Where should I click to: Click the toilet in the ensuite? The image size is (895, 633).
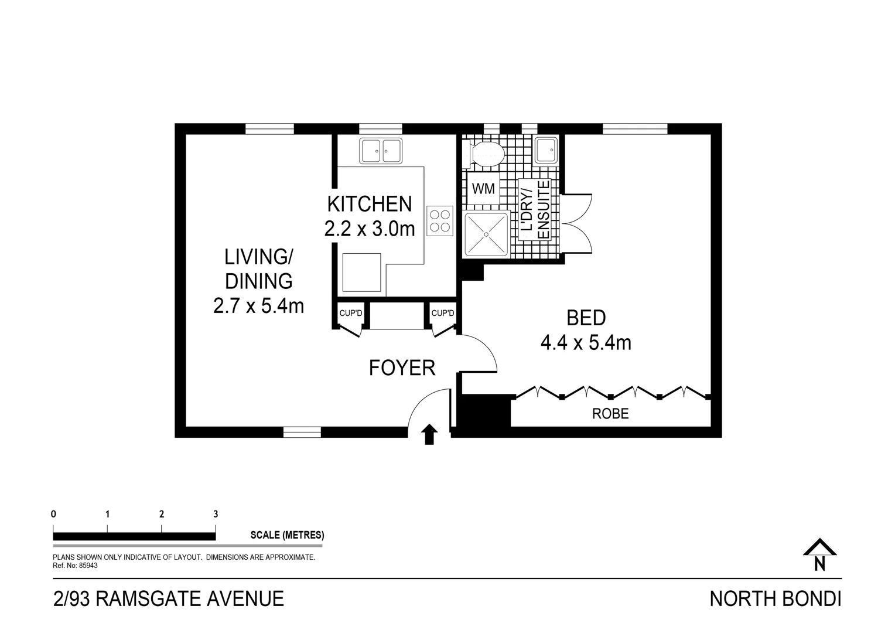485,154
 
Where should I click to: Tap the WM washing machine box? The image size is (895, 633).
483,189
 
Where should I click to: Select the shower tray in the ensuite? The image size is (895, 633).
486,234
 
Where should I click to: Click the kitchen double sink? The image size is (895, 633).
381,151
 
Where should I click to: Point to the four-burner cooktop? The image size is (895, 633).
440,221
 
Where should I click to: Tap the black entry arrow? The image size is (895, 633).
430,434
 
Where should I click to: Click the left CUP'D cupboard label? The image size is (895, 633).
351,314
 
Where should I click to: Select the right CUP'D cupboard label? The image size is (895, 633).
443,314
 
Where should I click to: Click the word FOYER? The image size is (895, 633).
402,368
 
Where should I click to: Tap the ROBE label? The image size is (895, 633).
610,414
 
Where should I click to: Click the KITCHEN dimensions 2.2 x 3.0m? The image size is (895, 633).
370,229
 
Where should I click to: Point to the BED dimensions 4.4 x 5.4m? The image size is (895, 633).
586,342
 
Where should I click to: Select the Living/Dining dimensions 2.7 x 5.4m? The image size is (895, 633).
258,306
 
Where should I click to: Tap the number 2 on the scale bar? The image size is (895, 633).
162,515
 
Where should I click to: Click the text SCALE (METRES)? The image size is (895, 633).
287,535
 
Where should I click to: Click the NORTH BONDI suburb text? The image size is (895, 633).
775,599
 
